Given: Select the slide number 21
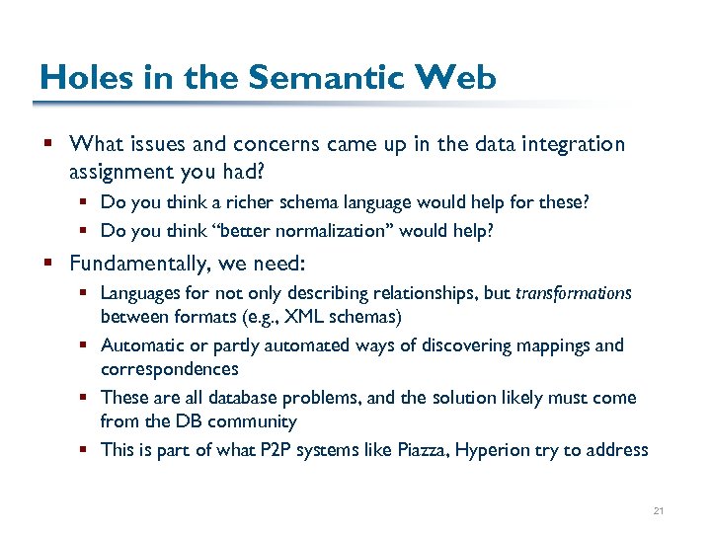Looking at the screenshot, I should point(659,511).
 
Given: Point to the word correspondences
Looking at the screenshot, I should point(169,369).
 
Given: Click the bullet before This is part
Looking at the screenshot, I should point(87,450).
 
